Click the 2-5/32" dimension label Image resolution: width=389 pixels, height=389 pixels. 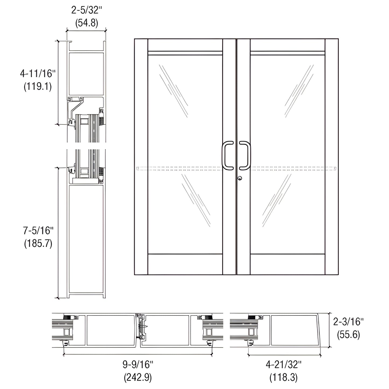click(86, 10)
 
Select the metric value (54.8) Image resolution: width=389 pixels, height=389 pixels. click(86, 23)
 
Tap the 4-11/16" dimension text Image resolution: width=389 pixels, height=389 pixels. click(38, 73)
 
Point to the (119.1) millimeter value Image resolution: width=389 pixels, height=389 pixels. click(38, 86)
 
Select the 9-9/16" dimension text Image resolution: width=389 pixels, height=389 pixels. click(138, 365)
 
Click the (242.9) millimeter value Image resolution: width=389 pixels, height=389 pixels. click(138, 378)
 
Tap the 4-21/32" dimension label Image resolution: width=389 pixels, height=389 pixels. click(283, 365)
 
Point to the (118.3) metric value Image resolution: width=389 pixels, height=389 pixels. click(283, 378)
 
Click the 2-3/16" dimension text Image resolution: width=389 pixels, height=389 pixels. click(348, 322)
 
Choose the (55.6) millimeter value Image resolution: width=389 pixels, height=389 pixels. click(348, 335)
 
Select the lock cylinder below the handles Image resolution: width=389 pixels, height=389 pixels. click(240, 178)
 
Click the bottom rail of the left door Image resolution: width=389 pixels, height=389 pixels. click(185, 264)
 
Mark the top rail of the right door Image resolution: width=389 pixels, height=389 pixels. click(288, 45)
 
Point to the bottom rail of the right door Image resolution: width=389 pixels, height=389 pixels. click(288, 264)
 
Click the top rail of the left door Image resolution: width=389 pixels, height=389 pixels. click(185, 45)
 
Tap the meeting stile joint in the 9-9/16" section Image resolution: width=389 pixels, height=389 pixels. click(140, 330)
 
